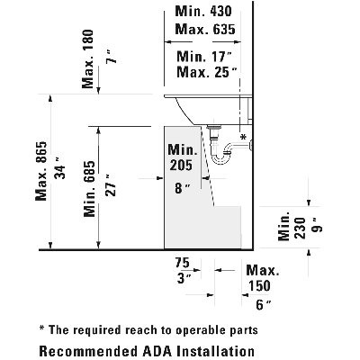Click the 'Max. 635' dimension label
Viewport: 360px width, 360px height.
click(205, 30)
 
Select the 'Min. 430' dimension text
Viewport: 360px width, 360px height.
click(203, 12)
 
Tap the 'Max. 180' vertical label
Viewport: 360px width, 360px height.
click(87, 58)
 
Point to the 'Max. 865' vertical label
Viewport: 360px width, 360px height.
click(41, 171)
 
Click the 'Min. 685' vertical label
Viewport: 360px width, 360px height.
click(89, 189)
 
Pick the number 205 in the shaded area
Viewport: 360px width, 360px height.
click(181, 165)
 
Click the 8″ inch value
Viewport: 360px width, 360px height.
click(183, 188)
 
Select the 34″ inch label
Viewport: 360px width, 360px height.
click(60, 172)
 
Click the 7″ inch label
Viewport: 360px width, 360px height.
click(112, 57)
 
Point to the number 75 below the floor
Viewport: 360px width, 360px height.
click(182, 263)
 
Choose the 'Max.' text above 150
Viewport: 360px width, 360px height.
click(263, 270)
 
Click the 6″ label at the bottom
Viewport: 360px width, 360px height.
click(264, 305)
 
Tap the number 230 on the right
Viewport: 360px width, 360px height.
click(300, 228)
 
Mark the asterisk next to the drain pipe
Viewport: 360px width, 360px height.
click(243, 137)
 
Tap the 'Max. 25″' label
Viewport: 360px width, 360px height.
click(207, 72)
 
